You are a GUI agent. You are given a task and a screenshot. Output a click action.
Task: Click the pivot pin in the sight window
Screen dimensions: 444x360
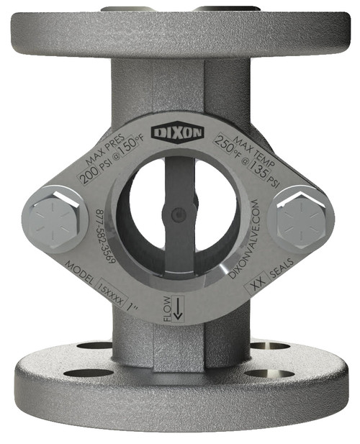tap(177, 212)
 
